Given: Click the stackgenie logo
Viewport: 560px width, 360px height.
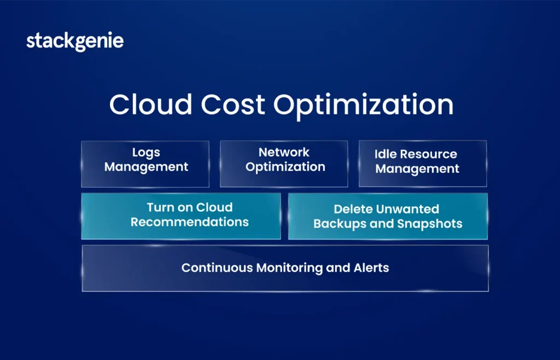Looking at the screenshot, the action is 75,42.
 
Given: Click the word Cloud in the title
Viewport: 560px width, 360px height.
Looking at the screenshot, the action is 151,104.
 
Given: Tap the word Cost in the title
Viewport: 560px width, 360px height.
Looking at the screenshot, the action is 233,104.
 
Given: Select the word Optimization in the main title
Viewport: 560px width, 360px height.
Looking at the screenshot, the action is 364,106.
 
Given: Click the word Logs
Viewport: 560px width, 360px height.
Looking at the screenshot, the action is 146,153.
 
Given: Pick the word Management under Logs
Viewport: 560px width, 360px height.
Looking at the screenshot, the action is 146,167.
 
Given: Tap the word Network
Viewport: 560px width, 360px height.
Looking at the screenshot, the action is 284,152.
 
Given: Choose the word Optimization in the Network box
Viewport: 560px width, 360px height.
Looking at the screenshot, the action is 285,167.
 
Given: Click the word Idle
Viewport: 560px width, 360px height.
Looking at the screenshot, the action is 383,154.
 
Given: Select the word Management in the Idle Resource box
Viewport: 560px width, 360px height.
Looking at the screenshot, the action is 417,169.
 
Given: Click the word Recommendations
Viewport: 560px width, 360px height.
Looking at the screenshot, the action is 190,222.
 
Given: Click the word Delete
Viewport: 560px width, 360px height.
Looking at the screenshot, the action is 350,209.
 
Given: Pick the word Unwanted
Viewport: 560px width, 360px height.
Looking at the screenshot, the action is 405,209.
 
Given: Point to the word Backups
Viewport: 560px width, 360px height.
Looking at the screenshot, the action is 340,224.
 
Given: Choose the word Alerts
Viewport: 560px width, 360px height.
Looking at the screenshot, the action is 371,268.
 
